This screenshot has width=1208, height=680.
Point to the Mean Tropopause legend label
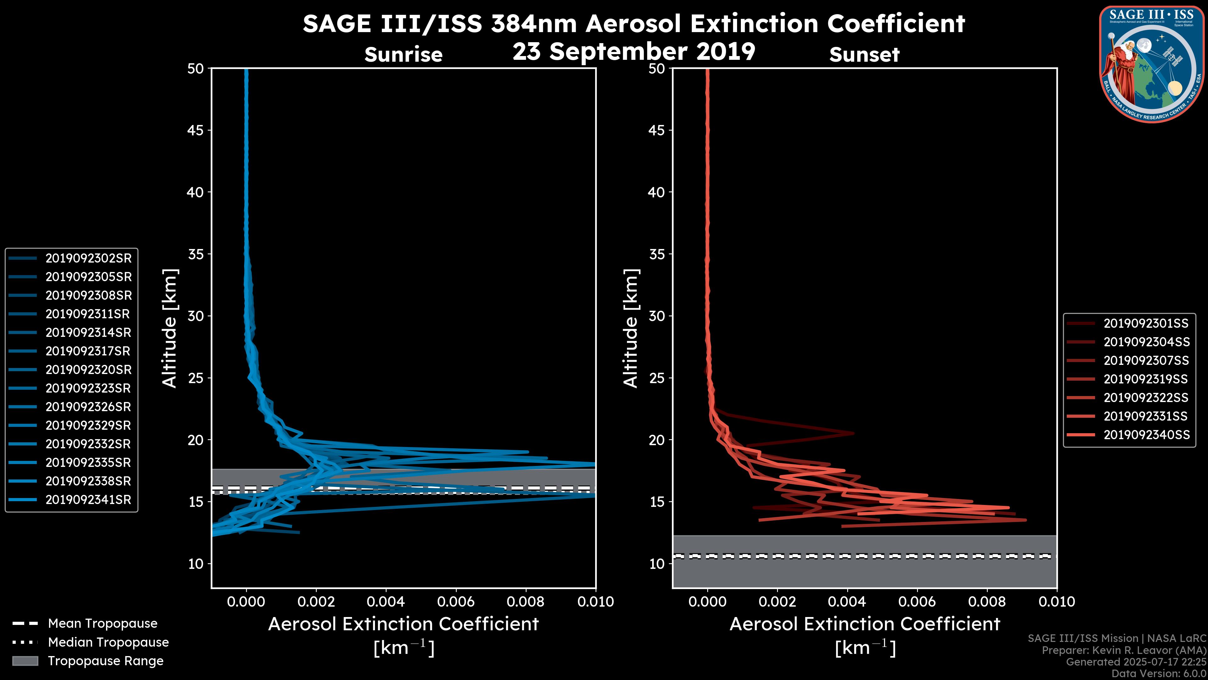(103, 624)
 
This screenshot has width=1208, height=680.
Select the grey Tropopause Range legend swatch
(25, 661)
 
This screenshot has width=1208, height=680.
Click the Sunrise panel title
(403, 55)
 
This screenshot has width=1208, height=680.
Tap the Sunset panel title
(864, 55)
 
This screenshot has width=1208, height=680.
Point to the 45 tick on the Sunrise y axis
(196, 130)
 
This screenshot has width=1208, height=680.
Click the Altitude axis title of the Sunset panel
(631, 328)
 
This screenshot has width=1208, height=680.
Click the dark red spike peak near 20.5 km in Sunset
(853, 433)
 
